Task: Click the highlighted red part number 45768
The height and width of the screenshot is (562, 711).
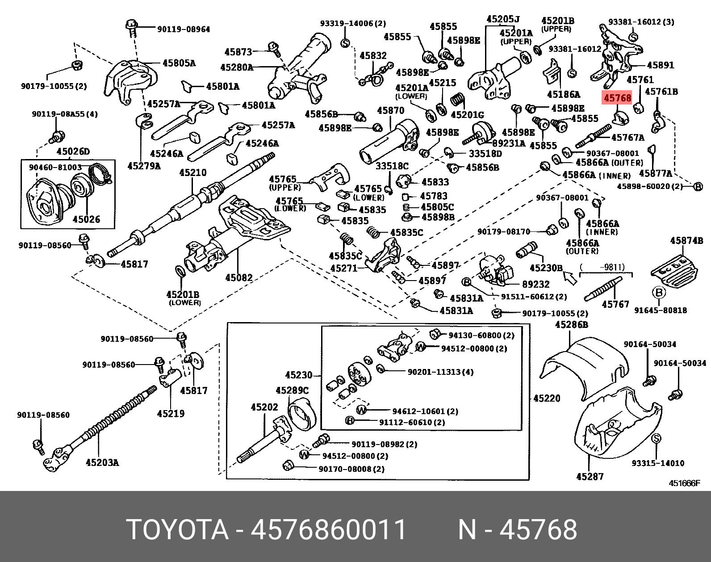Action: [x=617, y=97]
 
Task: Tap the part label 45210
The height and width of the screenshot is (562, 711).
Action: [x=192, y=172]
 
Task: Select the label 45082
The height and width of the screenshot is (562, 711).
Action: [x=239, y=277]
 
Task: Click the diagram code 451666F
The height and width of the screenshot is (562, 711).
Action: [x=684, y=483]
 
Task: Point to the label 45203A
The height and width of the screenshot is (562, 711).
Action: [x=102, y=462]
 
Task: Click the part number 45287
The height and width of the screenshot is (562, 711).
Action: [x=590, y=477]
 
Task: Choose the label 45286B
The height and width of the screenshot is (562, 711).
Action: [x=571, y=325]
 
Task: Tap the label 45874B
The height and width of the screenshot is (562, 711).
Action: [x=686, y=241]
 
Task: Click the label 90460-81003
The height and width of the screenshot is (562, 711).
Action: [x=55, y=168]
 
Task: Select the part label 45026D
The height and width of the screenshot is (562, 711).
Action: [x=73, y=151]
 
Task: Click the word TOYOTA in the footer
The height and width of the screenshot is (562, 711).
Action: [x=177, y=530]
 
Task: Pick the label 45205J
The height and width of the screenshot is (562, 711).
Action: [x=503, y=19]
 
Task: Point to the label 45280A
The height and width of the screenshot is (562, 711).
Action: [x=236, y=67]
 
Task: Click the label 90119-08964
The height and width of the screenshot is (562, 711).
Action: [x=183, y=29]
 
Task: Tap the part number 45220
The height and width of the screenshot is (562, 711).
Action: [x=547, y=398]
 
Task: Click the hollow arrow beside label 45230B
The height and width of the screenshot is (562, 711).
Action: [x=570, y=278]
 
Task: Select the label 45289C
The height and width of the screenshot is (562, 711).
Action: [x=292, y=390]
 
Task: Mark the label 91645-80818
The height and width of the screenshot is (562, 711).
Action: [x=661, y=310]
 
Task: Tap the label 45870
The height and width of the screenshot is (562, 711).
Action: [x=390, y=110]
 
